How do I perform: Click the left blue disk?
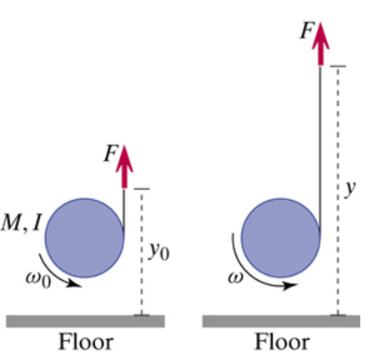(85, 237)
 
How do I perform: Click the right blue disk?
(281, 237)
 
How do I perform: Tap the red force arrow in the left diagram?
(124, 167)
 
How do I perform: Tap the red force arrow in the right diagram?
(320, 44)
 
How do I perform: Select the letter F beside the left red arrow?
(111, 153)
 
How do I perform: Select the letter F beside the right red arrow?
(307, 30)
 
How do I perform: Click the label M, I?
(22, 222)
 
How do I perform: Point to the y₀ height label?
(159, 252)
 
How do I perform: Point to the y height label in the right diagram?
(350, 188)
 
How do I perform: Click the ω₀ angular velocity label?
(38, 279)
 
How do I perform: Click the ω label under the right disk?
(235, 277)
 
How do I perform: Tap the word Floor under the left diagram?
(86, 342)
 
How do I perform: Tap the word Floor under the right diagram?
(282, 342)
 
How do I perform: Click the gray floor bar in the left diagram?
(86, 322)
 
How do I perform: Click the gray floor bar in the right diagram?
(281, 322)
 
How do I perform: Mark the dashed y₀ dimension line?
(142, 252)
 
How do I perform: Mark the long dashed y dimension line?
(338, 191)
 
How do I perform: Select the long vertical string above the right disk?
(320, 148)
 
